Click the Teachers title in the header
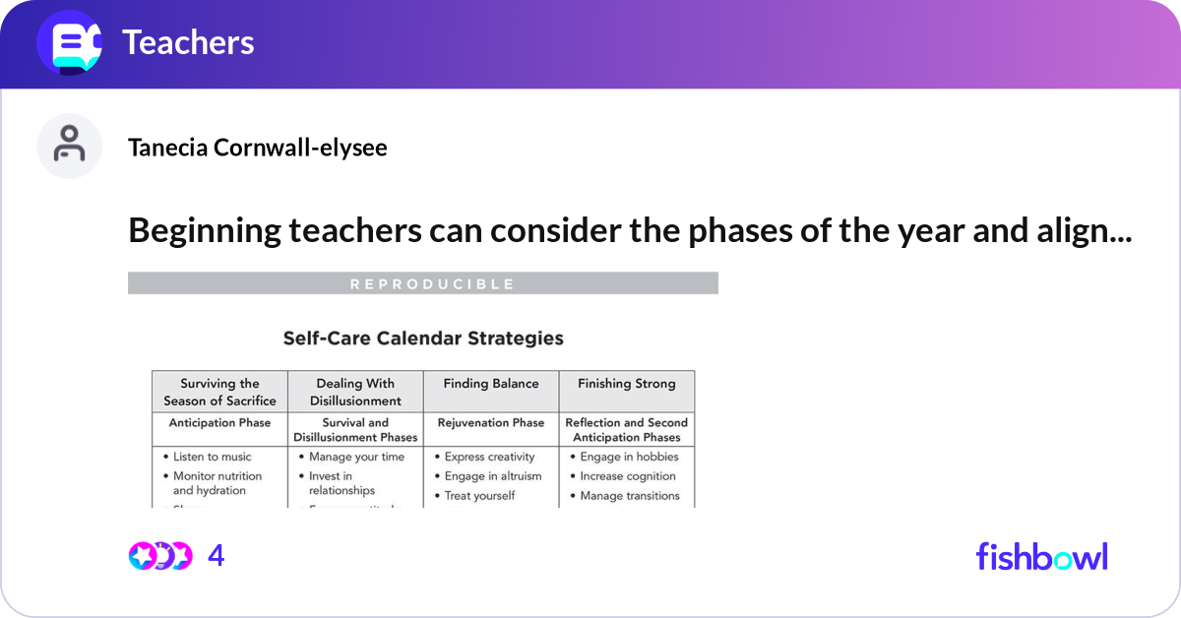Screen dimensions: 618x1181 (x=188, y=42)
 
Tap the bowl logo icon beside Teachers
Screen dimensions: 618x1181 (x=70, y=43)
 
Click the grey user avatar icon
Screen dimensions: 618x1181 (x=69, y=146)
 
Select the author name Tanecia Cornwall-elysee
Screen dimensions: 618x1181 (x=257, y=148)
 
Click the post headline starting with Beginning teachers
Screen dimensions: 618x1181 (x=630, y=230)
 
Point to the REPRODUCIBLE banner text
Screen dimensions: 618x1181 (x=432, y=284)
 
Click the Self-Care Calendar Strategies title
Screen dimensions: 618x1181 (x=423, y=339)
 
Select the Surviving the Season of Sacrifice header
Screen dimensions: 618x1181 (x=219, y=392)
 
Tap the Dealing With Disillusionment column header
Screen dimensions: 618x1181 (x=355, y=392)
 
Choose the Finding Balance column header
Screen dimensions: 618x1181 (x=491, y=384)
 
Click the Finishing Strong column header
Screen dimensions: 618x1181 (x=627, y=384)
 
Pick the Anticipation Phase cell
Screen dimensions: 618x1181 (x=219, y=423)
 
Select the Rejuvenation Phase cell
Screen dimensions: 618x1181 (x=491, y=423)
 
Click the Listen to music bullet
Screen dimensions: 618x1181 (x=212, y=457)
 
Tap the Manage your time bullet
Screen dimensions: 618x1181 (x=356, y=457)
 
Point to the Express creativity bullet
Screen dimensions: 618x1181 (x=489, y=457)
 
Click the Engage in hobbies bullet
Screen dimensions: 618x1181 (x=629, y=457)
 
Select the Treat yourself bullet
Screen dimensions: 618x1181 (x=479, y=496)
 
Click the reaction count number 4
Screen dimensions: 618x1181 (x=216, y=556)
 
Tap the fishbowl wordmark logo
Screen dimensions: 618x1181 (x=1041, y=556)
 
